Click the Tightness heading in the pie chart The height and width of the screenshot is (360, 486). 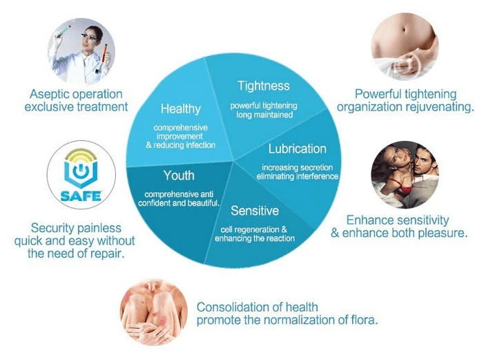[x=264, y=86]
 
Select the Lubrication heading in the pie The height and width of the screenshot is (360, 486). [x=298, y=149]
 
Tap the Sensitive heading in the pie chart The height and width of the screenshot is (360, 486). [x=255, y=211]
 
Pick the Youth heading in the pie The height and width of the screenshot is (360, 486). [x=179, y=176]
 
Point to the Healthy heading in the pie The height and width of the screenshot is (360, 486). [x=181, y=109]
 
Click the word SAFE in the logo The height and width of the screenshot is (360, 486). [x=81, y=196]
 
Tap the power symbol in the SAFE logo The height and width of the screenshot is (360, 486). [x=81, y=171]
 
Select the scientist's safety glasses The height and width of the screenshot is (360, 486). [x=88, y=37]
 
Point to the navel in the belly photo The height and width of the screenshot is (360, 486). [x=404, y=30]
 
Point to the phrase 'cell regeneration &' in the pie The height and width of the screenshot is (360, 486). [x=254, y=229]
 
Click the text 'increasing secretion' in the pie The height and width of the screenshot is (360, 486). [x=298, y=168]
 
